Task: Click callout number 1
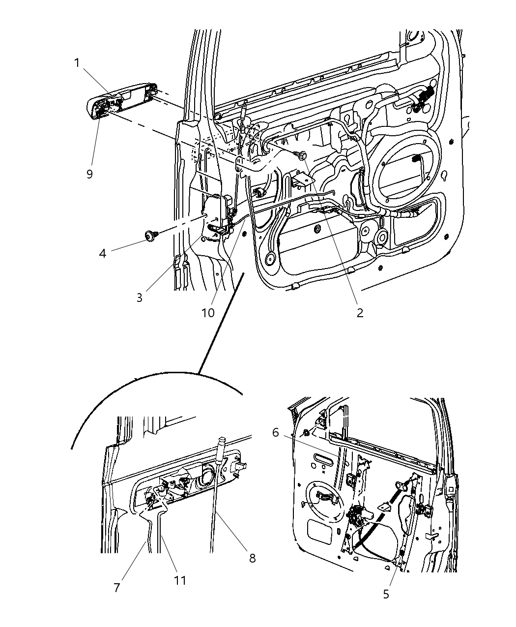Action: (77, 63)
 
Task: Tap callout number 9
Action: (89, 174)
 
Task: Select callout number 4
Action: (102, 254)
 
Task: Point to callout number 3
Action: (140, 298)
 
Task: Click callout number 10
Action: (208, 313)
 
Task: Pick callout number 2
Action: (360, 313)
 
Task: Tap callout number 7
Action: (117, 588)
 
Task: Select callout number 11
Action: (180, 580)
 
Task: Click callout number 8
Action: (252, 558)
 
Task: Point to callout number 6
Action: (276, 432)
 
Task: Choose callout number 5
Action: (386, 594)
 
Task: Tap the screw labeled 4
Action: (148, 236)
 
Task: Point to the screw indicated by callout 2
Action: (302, 155)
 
